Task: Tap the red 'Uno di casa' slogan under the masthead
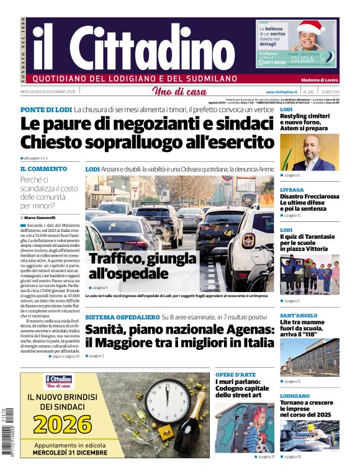point(179,92)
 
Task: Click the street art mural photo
point(243,427)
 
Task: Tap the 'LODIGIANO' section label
point(294,396)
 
